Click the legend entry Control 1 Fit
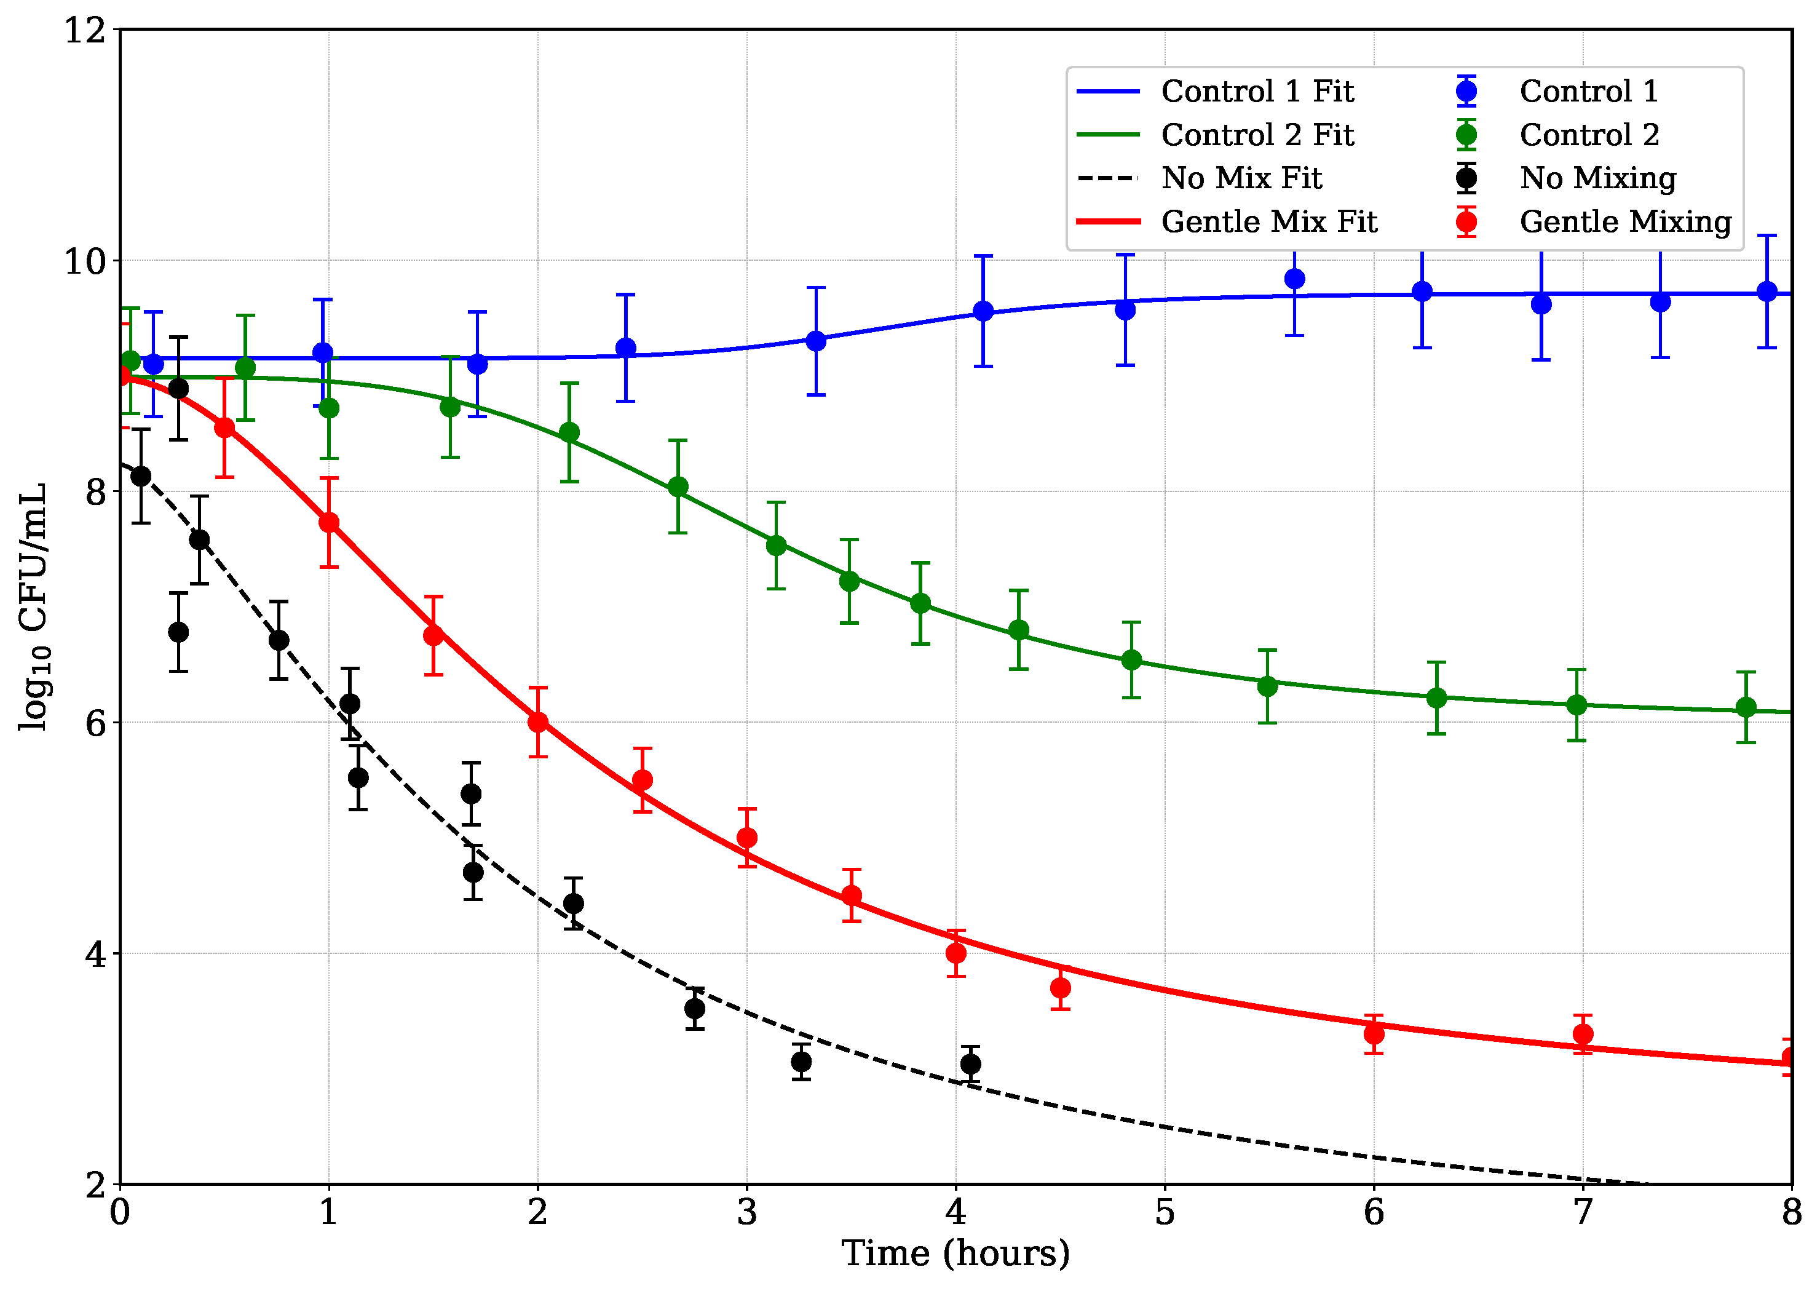[x=1257, y=92]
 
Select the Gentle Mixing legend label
[x=1624, y=222]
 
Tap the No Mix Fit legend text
[x=1241, y=178]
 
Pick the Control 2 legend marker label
[x=1589, y=135]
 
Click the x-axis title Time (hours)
[x=955, y=1253]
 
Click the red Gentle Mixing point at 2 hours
[x=538, y=722]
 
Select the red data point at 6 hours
[x=1374, y=1033]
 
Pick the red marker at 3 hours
[x=747, y=837]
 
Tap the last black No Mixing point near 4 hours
[x=970, y=1063]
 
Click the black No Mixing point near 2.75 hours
[x=695, y=1008]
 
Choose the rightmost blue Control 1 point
[x=1767, y=291]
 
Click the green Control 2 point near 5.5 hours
[x=1268, y=685]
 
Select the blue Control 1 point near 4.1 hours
[x=983, y=311]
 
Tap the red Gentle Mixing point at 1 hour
[x=329, y=522]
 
